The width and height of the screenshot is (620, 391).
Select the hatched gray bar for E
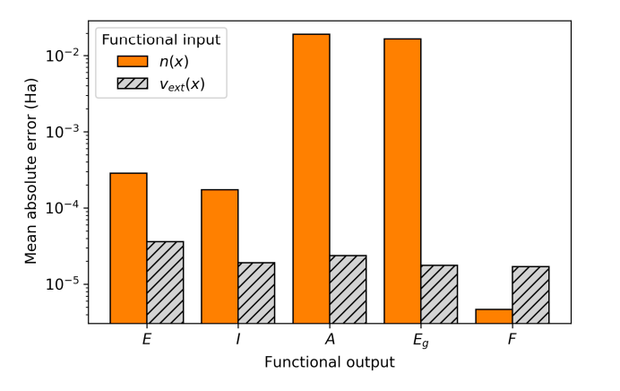click(x=165, y=282)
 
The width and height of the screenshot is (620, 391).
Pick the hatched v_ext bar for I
click(x=256, y=292)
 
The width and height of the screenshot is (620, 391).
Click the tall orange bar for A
click(x=311, y=178)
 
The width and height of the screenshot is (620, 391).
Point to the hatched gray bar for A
click(x=348, y=289)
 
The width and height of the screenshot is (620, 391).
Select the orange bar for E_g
click(x=402, y=180)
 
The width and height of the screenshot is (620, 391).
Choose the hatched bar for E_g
click(x=439, y=293)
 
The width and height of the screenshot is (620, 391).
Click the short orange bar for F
click(x=494, y=316)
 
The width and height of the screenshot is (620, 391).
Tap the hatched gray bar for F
click(x=530, y=294)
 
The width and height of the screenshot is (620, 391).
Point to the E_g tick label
click(x=421, y=341)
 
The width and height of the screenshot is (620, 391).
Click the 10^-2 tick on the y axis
click(x=65, y=56)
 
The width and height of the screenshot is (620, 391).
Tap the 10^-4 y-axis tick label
click(x=65, y=208)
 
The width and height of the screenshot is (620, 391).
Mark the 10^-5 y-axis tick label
click(x=65, y=284)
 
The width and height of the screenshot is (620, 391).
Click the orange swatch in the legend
click(x=134, y=62)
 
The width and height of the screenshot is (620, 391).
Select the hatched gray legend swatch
click(x=134, y=84)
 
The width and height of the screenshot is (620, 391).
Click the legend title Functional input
click(x=160, y=39)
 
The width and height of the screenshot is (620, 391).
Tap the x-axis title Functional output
click(x=329, y=363)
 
